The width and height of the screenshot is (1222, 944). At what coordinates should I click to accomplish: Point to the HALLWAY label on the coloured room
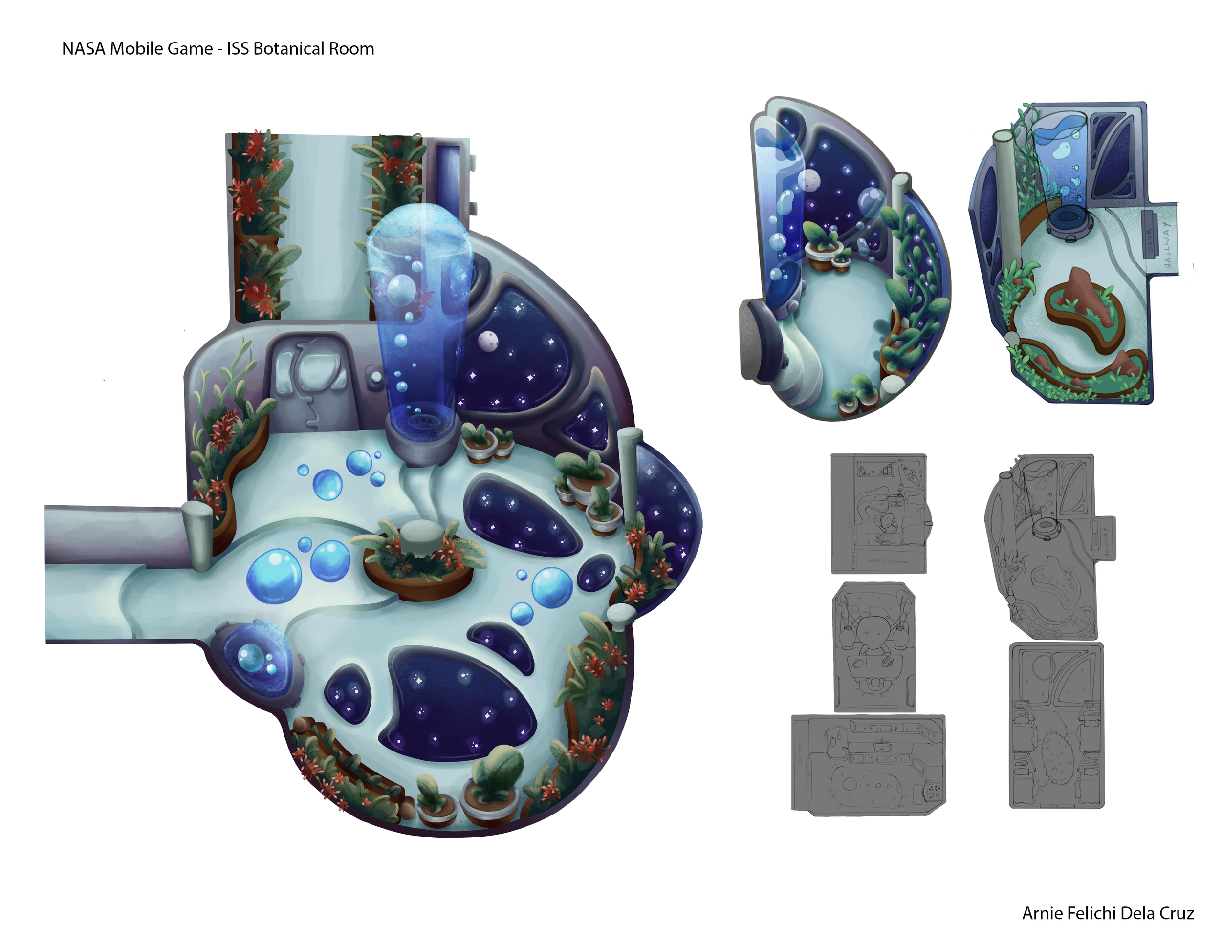1166,244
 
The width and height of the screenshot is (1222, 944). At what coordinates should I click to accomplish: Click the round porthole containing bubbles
256,659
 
